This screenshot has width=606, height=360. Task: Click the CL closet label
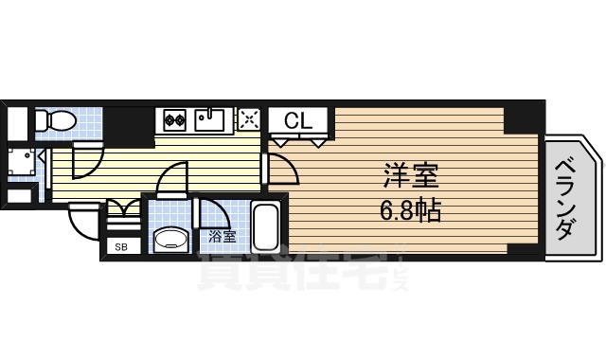pos(298,120)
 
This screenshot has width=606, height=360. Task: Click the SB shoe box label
pos(120,247)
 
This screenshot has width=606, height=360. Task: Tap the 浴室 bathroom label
pos(223,236)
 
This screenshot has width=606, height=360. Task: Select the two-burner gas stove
pos(174,120)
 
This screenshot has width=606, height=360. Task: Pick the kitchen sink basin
pos(209,119)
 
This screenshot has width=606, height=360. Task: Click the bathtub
pos(265,227)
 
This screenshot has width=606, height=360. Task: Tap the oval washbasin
pos(170,238)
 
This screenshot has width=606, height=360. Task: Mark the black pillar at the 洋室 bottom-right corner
pos(523,249)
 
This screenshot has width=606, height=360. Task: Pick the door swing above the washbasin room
pos(172,179)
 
